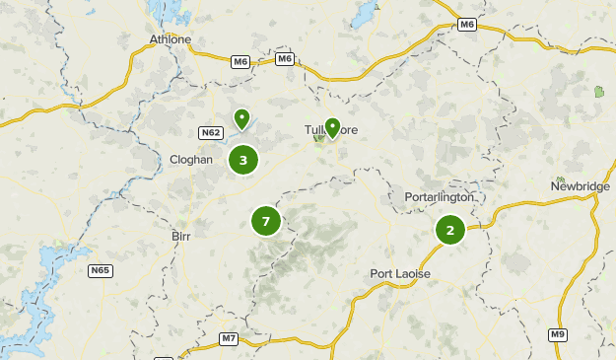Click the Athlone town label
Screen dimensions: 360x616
[x=170, y=39]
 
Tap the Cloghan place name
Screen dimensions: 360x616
[x=191, y=158]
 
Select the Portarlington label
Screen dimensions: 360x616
[x=440, y=197]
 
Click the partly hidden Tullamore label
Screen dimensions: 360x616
[x=314, y=130]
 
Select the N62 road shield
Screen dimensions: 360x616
[x=210, y=133]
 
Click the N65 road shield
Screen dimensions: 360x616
[x=100, y=270]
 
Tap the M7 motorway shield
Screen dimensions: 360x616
[x=228, y=339]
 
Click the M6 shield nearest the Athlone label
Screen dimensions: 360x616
[x=240, y=61]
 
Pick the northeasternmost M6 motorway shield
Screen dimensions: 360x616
[x=467, y=26]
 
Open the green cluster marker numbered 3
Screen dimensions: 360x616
[x=242, y=160]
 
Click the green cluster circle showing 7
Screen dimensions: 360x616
[x=266, y=222]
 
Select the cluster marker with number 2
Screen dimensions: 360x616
[x=450, y=231]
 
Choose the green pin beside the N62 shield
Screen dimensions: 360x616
[x=241, y=120]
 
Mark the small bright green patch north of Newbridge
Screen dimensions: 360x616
[x=599, y=93]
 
